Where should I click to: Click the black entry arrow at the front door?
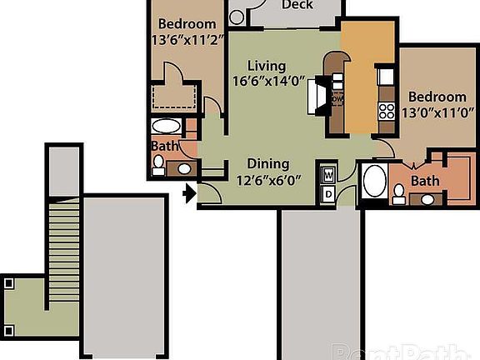point(189,194)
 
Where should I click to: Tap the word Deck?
point(297,6)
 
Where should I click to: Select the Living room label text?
point(267,66)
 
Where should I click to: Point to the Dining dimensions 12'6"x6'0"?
point(268,179)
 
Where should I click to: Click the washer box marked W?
point(329,176)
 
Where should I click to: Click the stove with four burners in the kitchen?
point(387,110)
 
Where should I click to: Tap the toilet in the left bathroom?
point(158,163)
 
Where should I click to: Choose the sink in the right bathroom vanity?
point(427,199)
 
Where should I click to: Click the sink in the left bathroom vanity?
point(182,168)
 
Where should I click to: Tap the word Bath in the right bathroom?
point(425,181)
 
